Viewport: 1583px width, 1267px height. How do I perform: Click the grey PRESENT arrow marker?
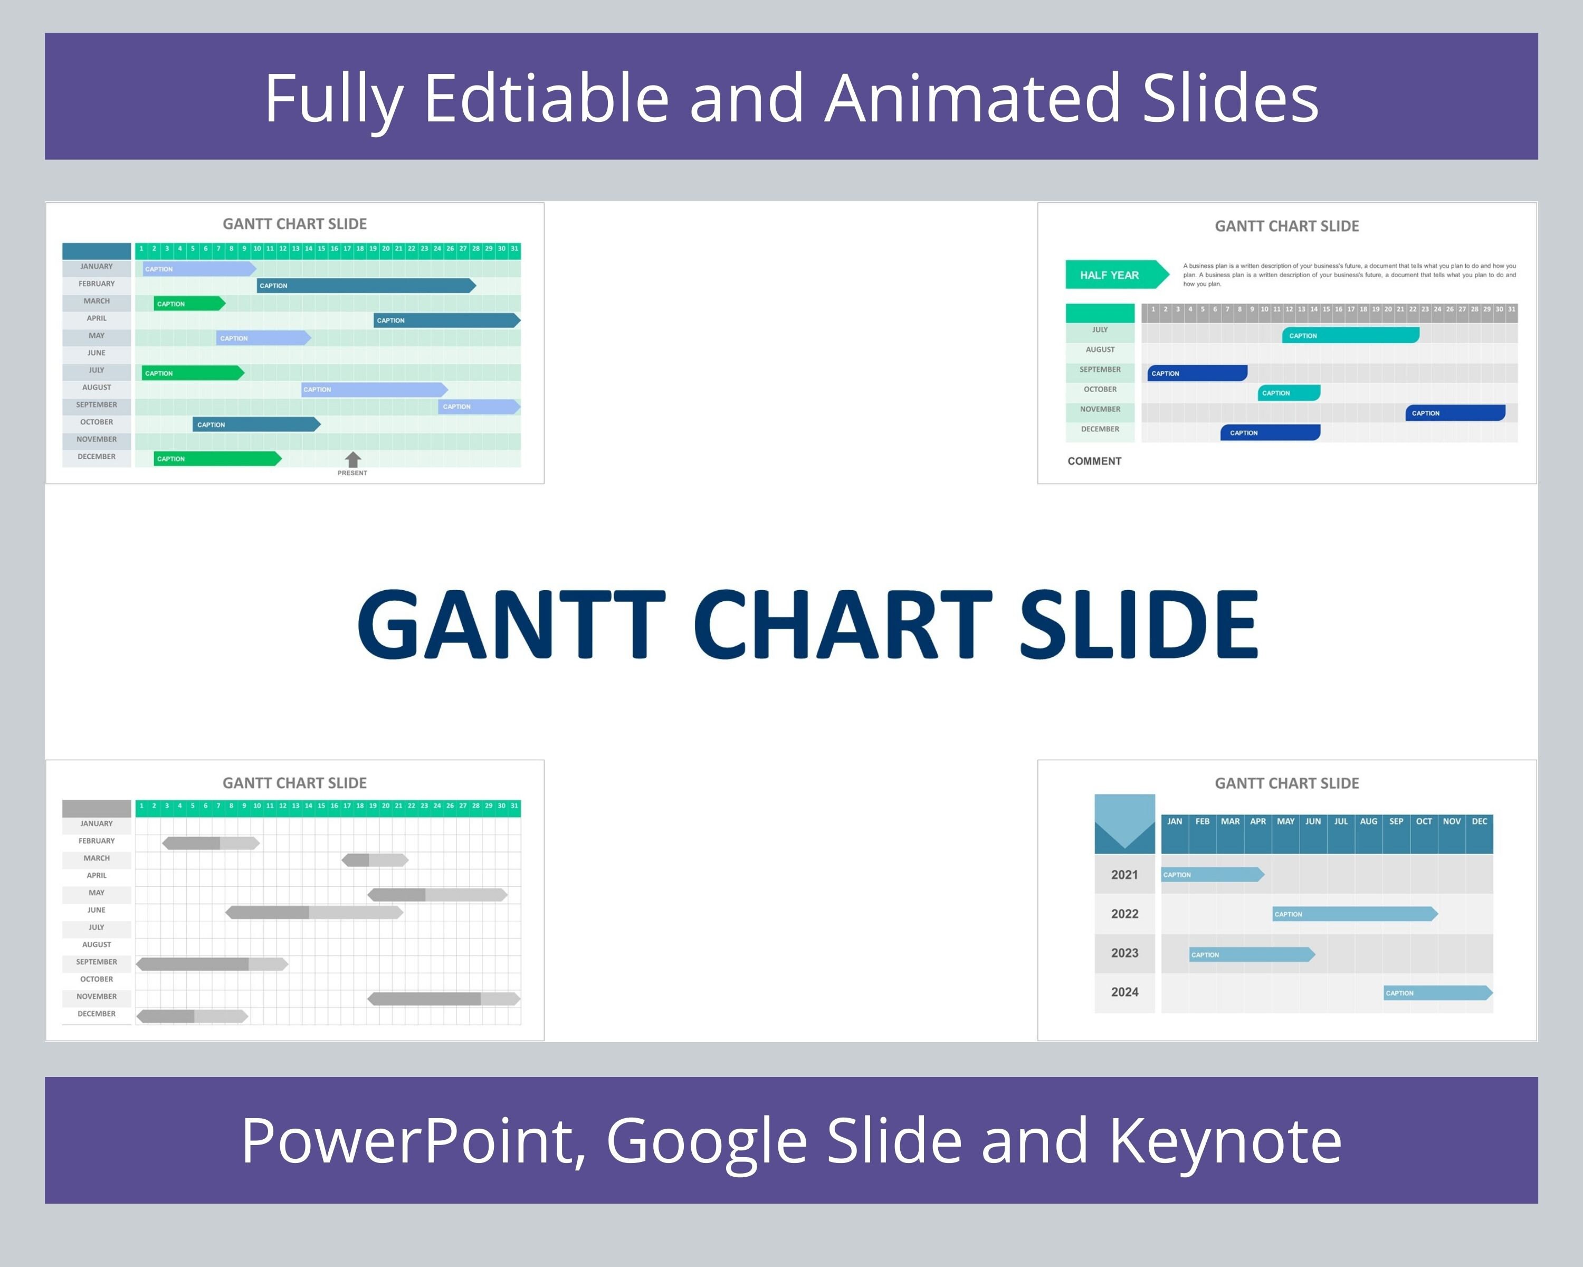click(x=352, y=460)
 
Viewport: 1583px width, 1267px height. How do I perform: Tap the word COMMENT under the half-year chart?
click(x=1094, y=461)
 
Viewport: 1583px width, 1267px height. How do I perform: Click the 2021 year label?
click(x=1124, y=875)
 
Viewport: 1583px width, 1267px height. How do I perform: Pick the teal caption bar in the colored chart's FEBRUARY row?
click(x=366, y=286)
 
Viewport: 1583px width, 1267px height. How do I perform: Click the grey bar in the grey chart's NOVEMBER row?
click(x=443, y=999)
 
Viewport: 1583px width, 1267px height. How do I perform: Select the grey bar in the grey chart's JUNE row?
click(x=314, y=912)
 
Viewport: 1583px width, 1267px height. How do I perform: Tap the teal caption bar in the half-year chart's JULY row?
click(x=1350, y=336)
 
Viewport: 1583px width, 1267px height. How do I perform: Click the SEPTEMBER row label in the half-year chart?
click(x=1100, y=370)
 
